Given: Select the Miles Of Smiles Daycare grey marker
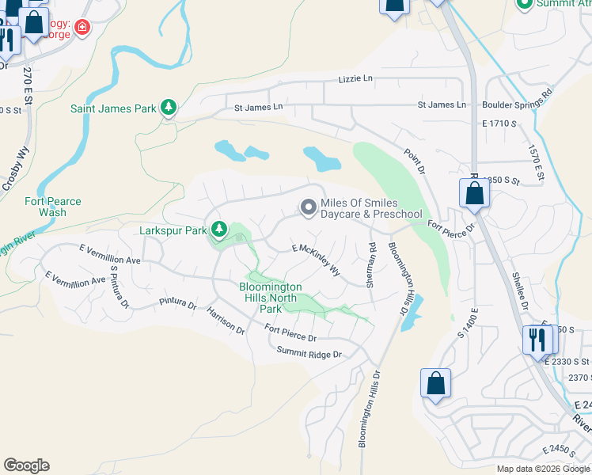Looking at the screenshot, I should pos(308,208).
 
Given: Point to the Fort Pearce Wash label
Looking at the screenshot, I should pos(52,207).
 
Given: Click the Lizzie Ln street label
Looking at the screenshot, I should pos(355,78).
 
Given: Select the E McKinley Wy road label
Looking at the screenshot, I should pos(316,260).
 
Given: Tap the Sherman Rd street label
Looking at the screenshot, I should pos(371,265).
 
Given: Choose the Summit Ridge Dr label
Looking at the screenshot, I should pos(309,353).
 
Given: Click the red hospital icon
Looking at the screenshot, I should pos(82,28).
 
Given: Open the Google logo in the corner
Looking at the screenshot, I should pos(26,465).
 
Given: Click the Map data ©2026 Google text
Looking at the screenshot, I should pos(542,469).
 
